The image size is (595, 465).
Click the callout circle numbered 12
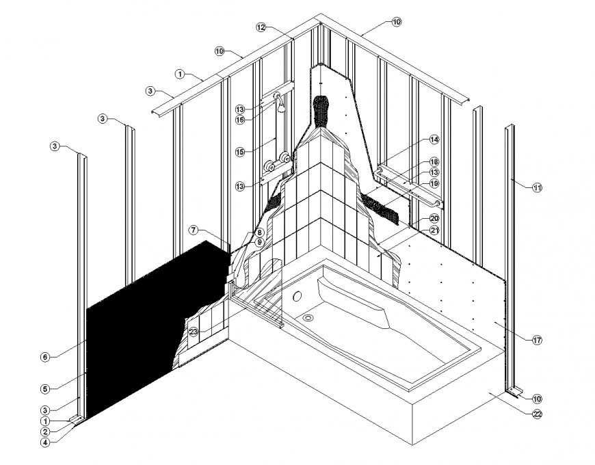pos(261,27)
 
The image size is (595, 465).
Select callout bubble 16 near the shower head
pos(240,120)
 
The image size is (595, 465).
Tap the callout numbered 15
pos(240,152)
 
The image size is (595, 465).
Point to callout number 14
pos(434,139)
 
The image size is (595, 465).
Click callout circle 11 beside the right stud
pos(537,186)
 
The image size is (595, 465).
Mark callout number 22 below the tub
pos(536,413)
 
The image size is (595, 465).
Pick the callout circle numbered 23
pos(194,332)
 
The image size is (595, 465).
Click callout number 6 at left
pos(44,356)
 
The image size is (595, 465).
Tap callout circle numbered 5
pos(44,389)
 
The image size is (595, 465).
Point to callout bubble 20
pos(434,218)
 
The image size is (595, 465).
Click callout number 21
pos(434,230)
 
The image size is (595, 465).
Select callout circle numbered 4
pos(44,442)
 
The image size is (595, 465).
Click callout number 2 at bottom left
pos(44,431)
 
